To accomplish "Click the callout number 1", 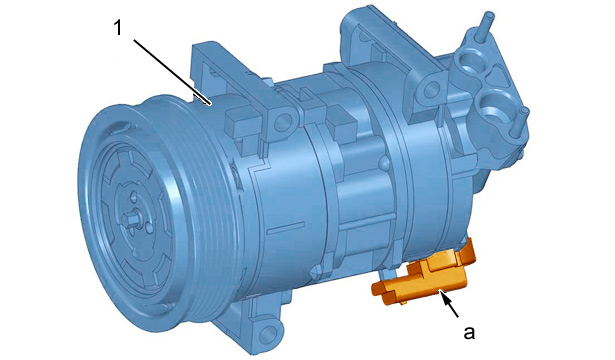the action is pos(118,28).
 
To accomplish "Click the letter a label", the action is pos(469,332).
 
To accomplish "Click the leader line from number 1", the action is pos(173,72).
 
